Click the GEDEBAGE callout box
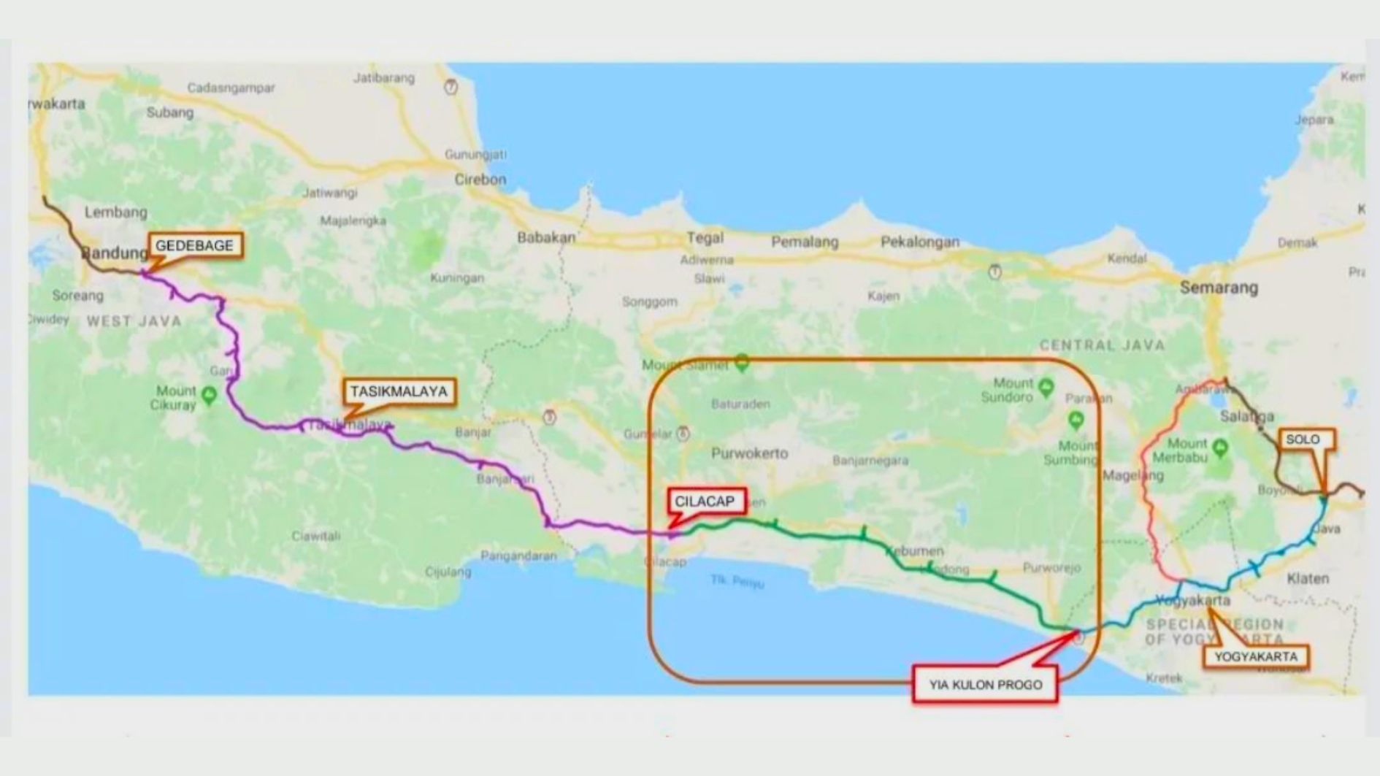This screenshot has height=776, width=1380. [x=195, y=246]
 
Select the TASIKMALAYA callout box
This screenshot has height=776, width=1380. [x=399, y=392]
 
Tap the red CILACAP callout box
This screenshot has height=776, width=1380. [x=705, y=502]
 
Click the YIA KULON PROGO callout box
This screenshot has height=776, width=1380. [x=985, y=685]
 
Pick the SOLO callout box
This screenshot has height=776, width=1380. [x=1303, y=439]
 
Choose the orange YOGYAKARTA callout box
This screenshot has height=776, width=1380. [x=1256, y=656]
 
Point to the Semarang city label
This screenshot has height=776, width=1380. [x=1219, y=288]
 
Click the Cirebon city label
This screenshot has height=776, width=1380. [x=480, y=180]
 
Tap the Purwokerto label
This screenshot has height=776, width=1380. [x=749, y=453]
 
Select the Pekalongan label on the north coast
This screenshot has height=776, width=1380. [x=920, y=242]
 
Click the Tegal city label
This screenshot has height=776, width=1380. [x=705, y=238]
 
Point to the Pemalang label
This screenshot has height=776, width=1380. [x=805, y=242]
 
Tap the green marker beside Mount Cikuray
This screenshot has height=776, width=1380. [x=210, y=395]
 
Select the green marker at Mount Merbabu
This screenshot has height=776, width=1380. [x=1219, y=447]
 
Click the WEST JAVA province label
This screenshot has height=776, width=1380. [x=134, y=321]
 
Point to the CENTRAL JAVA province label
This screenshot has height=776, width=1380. [x=1102, y=345]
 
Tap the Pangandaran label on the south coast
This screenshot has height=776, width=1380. [x=518, y=556]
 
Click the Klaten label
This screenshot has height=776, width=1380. [x=1308, y=579]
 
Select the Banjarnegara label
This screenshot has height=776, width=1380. [x=870, y=461]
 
